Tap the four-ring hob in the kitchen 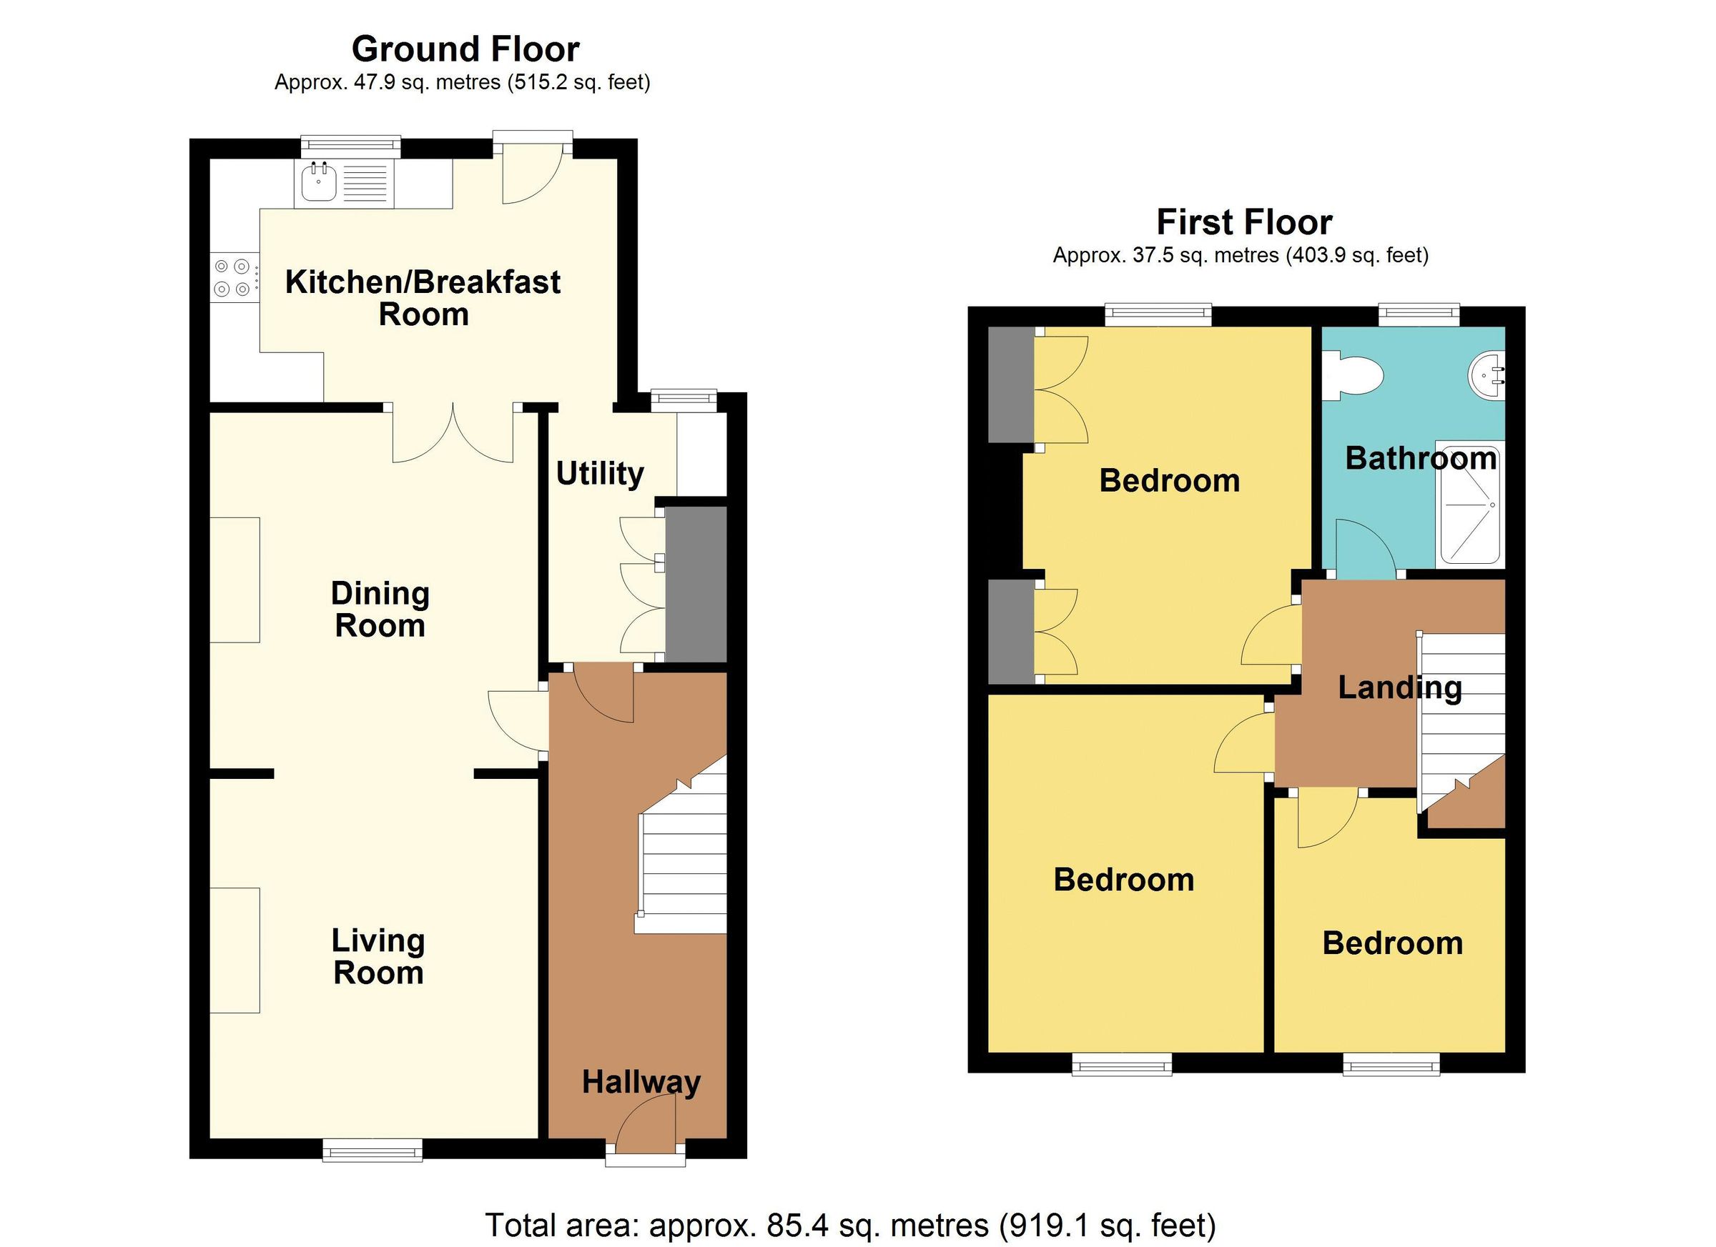click(232, 277)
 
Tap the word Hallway click(641, 1082)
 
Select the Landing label click(1400, 687)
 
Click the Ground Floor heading click(465, 50)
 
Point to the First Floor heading click(1244, 223)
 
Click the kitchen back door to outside click(532, 176)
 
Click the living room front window click(373, 1151)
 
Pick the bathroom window click(1419, 315)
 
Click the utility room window click(684, 401)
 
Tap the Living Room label click(378, 957)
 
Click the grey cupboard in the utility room click(696, 584)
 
